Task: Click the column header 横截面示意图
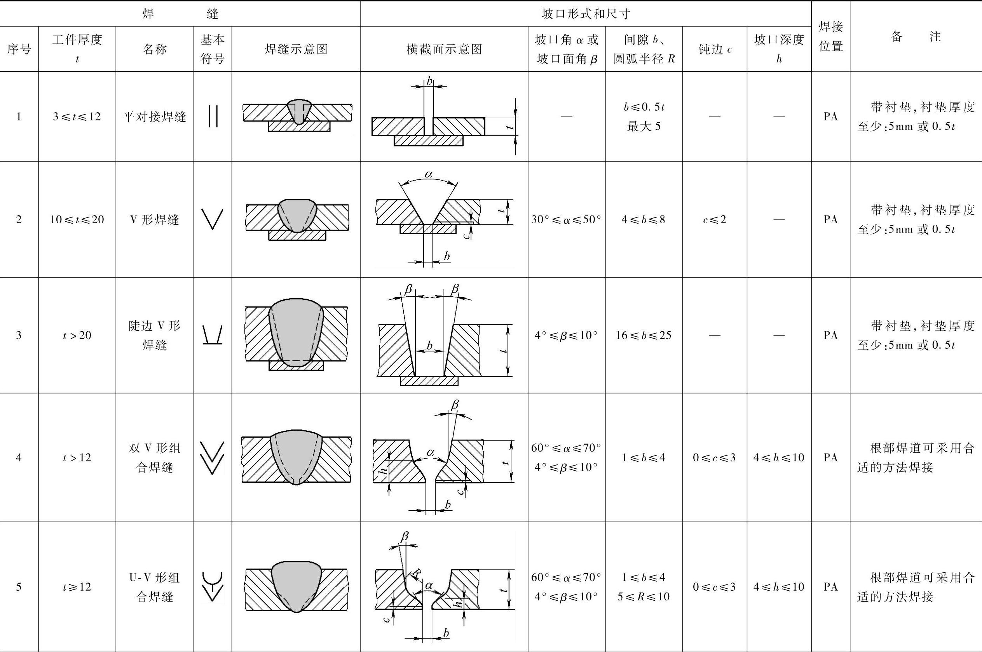tap(444, 49)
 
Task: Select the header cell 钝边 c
tap(714, 49)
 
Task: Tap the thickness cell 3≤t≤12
tap(77, 116)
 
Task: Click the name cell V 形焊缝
tap(154, 219)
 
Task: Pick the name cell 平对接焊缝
tap(154, 117)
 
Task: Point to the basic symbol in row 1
tap(213, 116)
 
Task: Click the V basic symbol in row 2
tap(213, 219)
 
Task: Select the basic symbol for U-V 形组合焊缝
tap(213, 586)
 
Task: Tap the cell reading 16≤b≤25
tap(644, 335)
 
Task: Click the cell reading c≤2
tap(714, 219)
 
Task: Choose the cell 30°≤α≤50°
tap(566, 219)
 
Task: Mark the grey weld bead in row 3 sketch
tap(296, 333)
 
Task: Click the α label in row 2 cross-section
tap(429, 174)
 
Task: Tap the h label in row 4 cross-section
tap(385, 469)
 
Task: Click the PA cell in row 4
tap(830, 457)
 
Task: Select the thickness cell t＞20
tap(77, 335)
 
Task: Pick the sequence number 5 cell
tap(19, 587)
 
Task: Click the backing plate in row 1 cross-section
tap(429, 141)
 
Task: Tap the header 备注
tap(916, 37)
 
